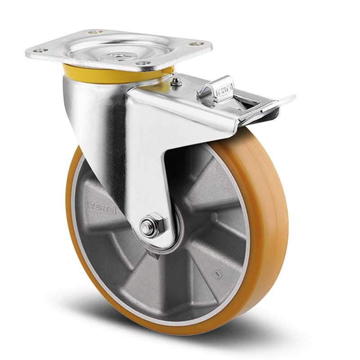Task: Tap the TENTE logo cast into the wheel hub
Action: pyautogui.click(x=101, y=207)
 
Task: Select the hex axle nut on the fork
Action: pyautogui.click(x=150, y=225)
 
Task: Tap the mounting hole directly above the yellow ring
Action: pyautogui.click(x=143, y=63)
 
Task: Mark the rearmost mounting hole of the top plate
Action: pyautogui.click(x=95, y=32)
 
